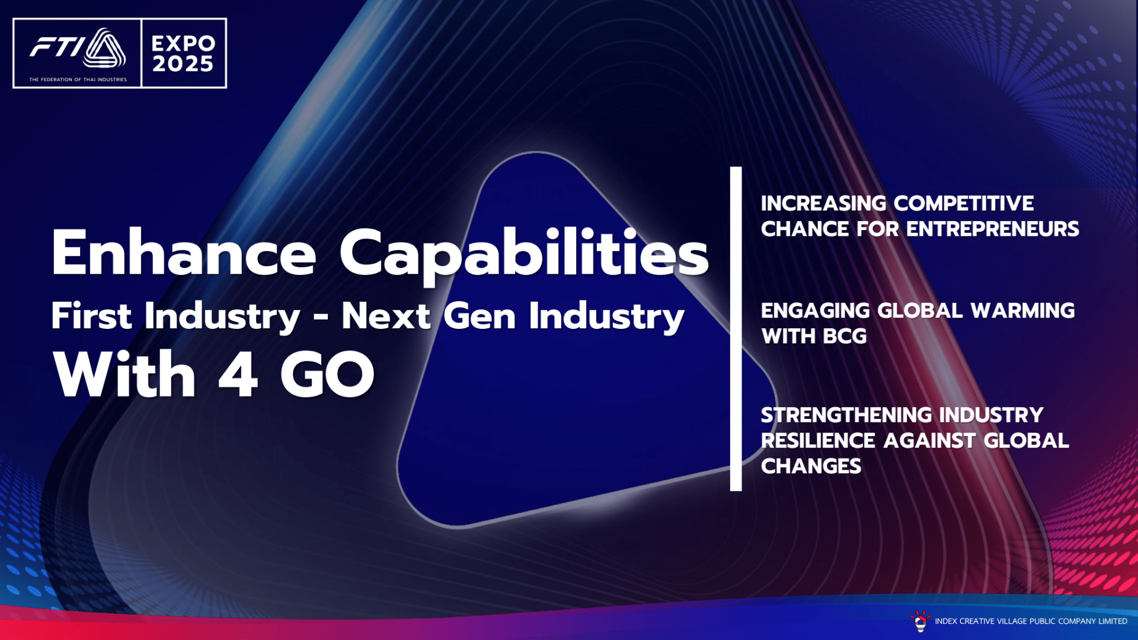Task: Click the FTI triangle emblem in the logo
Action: click(x=104, y=48)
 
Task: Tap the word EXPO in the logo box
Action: click(x=183, y=43)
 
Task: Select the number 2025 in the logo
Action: click(x=183, y=64)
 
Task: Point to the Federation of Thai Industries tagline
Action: click(x=78, y=79)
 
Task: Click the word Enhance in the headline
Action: click(x=184, y=253)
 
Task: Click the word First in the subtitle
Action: click(x=91, y=315)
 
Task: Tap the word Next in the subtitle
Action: click(x=386, y=315)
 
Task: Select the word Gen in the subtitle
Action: click(x=480, y=316)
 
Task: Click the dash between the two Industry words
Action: click(x=321, y=318)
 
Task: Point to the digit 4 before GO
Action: click(x=238, y=374)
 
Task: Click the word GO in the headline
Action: click(x=327, y=374)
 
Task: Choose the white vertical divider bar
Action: click(x=736, y=329)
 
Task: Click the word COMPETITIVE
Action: click(x=964, y=203)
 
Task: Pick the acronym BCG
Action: click(x=845, y=337)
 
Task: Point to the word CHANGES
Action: click(x=811, y=466)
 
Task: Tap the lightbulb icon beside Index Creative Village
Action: click(x=920, y=621)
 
